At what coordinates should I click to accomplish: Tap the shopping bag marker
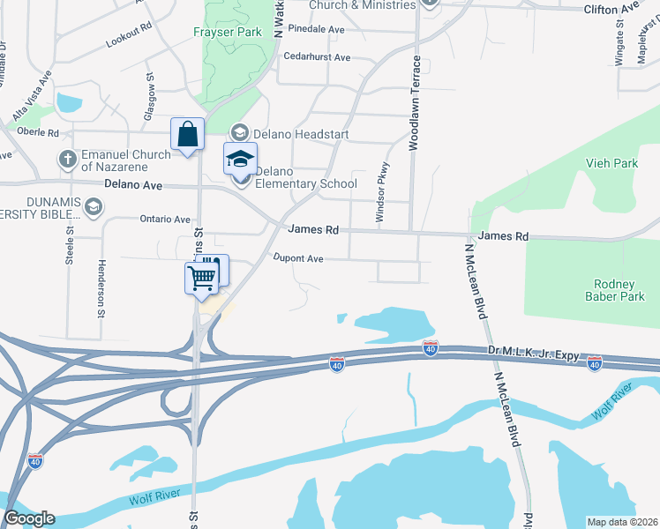pyautogui.click(x=187, y=135)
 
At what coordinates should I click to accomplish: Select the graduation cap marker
pyautogui.click(x=240, y=160)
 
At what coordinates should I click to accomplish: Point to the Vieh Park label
pyautogui.click(x=611, y=164)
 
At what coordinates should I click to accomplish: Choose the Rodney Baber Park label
pyautogui.click(x=609, y=290)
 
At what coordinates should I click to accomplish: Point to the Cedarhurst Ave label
pyautogui.click(x=317, y=58)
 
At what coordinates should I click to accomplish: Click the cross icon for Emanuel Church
pyautogui.click(x=66, y=160)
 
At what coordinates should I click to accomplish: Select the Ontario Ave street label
pyautogui.click(x=164, y=220)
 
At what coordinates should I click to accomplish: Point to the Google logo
pyautogui.click(x=29, y=518)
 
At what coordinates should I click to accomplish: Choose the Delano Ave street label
pyautogui.click(x=133, y=186)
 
